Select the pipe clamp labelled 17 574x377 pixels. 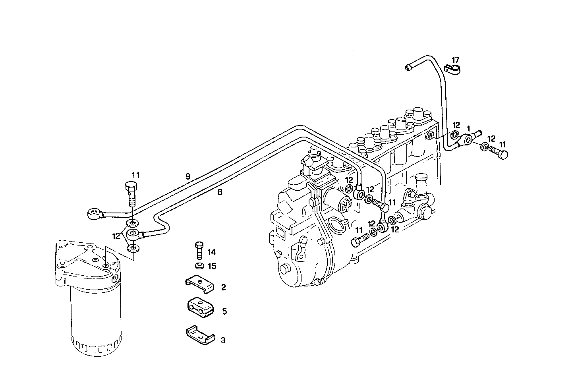pyautogui.click(x=452, y=70)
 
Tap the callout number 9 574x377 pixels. pyautogui.click(x=187, y=176)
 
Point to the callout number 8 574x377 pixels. pyautogui.click(x=220, y=193)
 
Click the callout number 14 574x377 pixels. pyautogui.click(x=212, y=252)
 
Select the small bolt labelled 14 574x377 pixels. pyautogui.click(x=199, y=250)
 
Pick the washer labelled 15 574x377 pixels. pyautogui.click(x=200, y=265)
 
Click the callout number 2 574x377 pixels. pyautogui.click(x=223, y=287)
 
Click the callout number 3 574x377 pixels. pyautogui.click(x=223, y=340)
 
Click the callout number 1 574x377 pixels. pyautogui.click(x=469, y=129)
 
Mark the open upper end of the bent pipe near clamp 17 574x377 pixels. pyautogui.click(x=408, y=68)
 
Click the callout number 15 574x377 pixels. pyautogui.click(x=212, y=266)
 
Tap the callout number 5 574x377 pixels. pyautogui.click(x=224, y=311)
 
